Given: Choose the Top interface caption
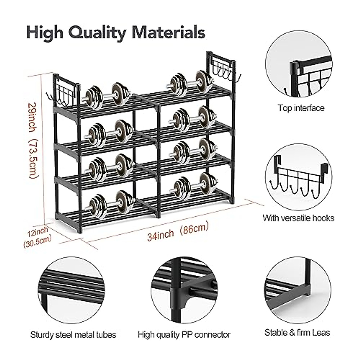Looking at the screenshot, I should [x=301, y=108].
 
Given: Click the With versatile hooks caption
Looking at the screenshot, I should [x=298, y=218].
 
